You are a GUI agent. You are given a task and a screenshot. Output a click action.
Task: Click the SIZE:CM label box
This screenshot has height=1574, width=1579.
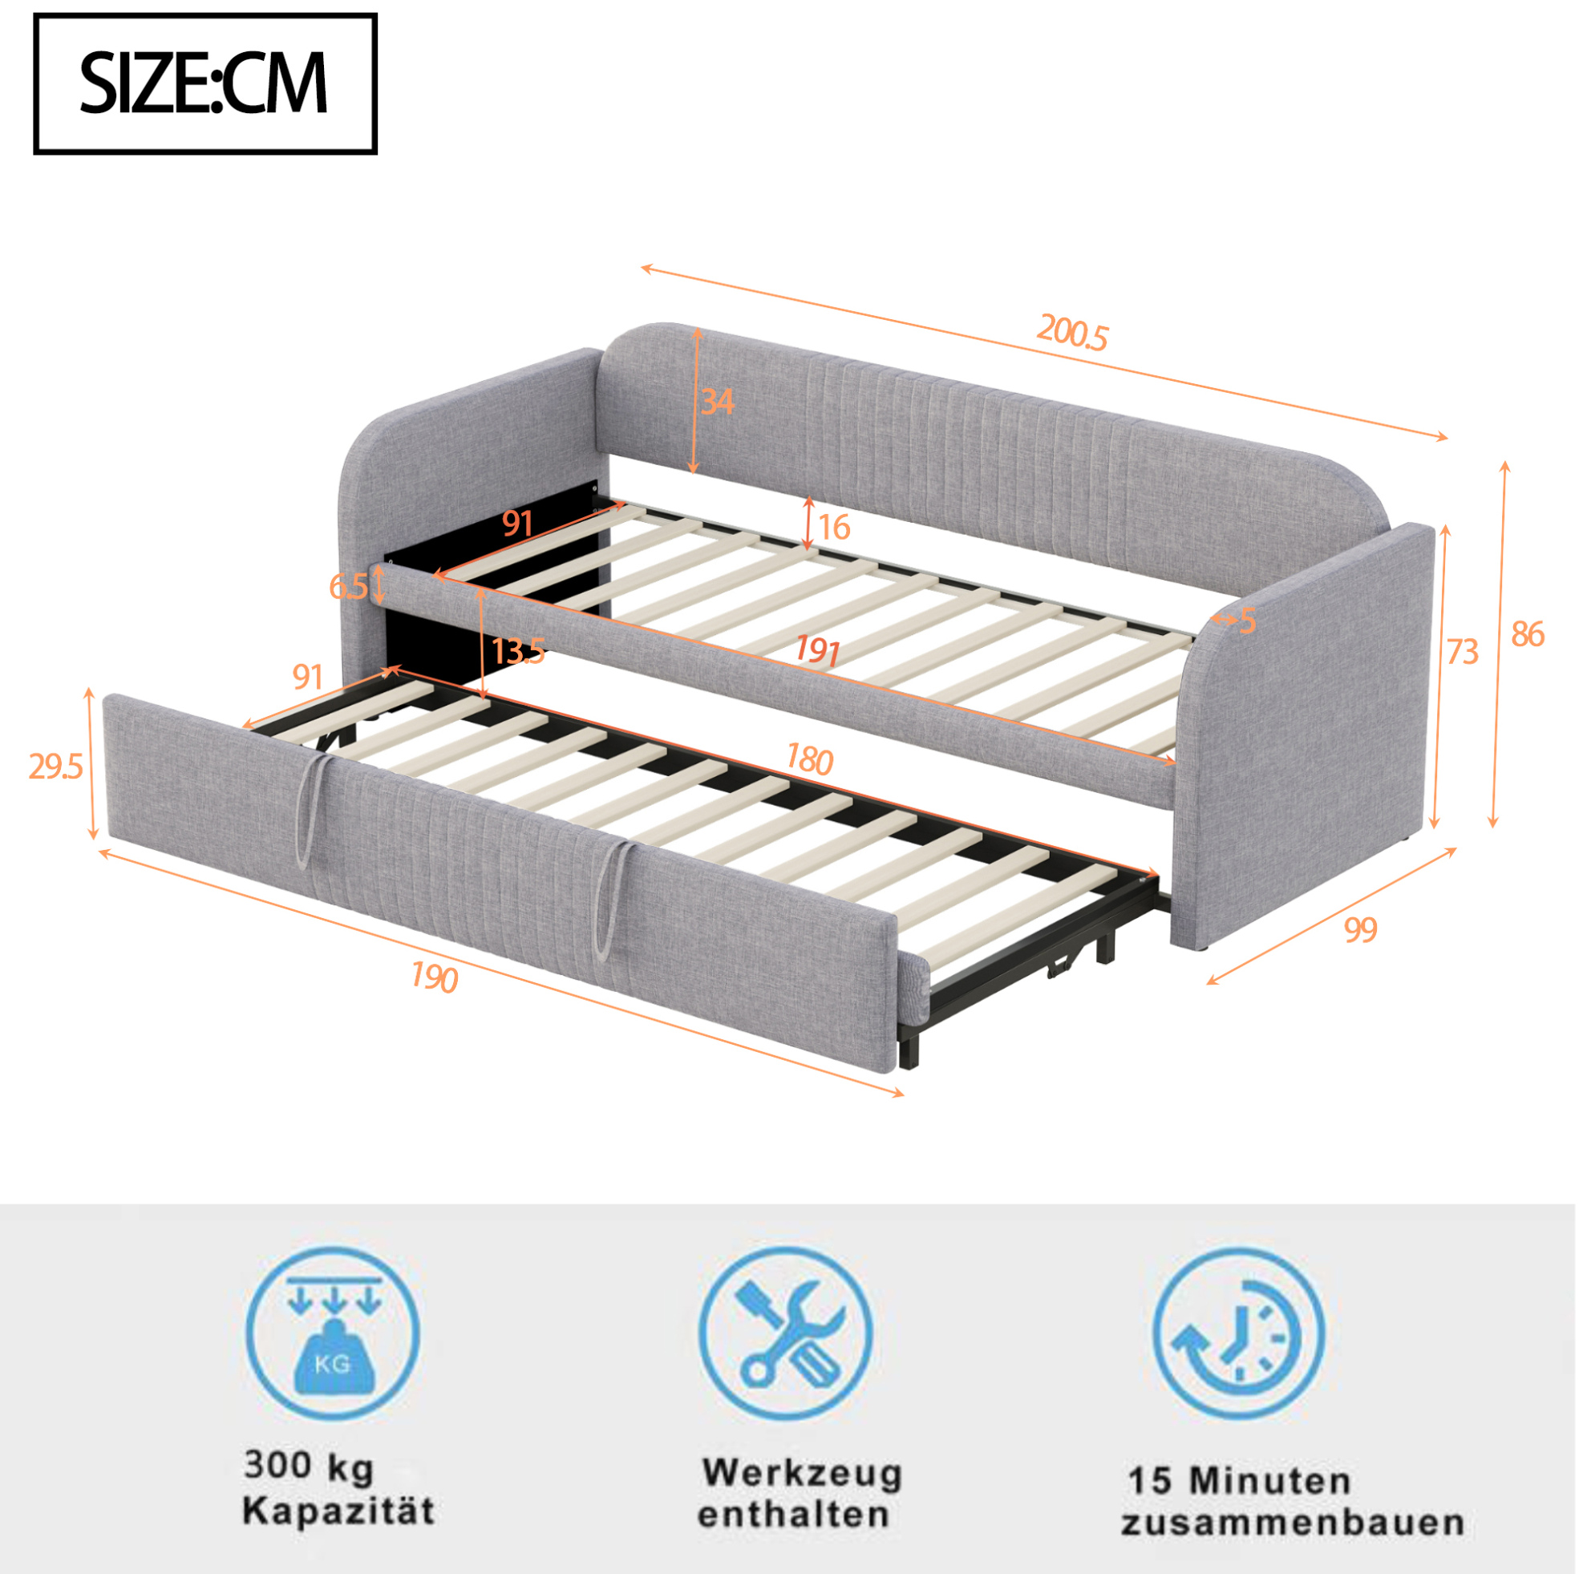click(x=205, y=83)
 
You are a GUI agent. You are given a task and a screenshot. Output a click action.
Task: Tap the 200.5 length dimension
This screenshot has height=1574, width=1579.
click(x=1072, y=332)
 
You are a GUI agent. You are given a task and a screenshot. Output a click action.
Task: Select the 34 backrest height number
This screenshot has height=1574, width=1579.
click(x=718, y=402)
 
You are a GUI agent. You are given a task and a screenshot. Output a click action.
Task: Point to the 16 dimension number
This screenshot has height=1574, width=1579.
click(x=834, y=527)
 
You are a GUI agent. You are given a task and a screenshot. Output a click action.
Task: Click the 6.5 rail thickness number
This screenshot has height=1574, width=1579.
click(x=348, y=586)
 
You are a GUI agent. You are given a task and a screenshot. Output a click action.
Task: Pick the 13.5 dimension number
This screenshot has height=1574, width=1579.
click(x=518, y=651)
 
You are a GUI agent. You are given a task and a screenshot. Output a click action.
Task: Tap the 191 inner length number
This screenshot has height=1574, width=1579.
click(x=818, y=650)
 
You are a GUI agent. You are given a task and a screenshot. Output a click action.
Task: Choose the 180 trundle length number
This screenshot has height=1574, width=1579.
click(x=809, y=759)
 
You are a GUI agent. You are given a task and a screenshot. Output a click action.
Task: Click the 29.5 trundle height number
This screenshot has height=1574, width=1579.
click(x=55, y=767)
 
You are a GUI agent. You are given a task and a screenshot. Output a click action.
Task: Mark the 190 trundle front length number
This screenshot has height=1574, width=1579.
click(x=434, y=977)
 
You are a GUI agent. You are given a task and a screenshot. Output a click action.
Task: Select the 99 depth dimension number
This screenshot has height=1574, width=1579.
click(x=1361, y=930)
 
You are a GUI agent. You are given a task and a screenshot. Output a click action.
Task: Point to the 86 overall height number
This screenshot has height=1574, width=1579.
click(x=1528, y=634)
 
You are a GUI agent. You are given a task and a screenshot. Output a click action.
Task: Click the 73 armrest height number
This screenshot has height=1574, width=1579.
click(x=1463, y=651)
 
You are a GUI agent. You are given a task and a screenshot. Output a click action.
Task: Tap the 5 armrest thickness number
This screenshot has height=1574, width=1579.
click(x=1247, y=622)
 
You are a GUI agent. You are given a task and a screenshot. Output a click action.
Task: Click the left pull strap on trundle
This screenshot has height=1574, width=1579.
click(x=313, y=809)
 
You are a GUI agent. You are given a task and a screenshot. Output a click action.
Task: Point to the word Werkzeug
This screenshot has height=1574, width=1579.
click(x=802, y=1473)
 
